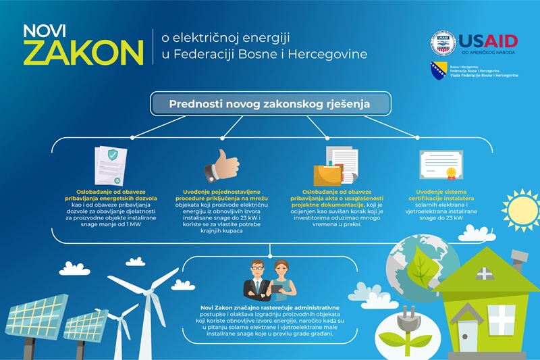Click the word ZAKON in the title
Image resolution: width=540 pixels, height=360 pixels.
[x=83, y=51]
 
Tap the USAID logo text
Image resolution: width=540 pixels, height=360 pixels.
[x=488, y=41]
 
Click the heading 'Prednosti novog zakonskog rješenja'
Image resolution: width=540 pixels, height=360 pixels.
[x=270, y=104]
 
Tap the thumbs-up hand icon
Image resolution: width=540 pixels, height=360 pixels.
[x=223, y=165]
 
